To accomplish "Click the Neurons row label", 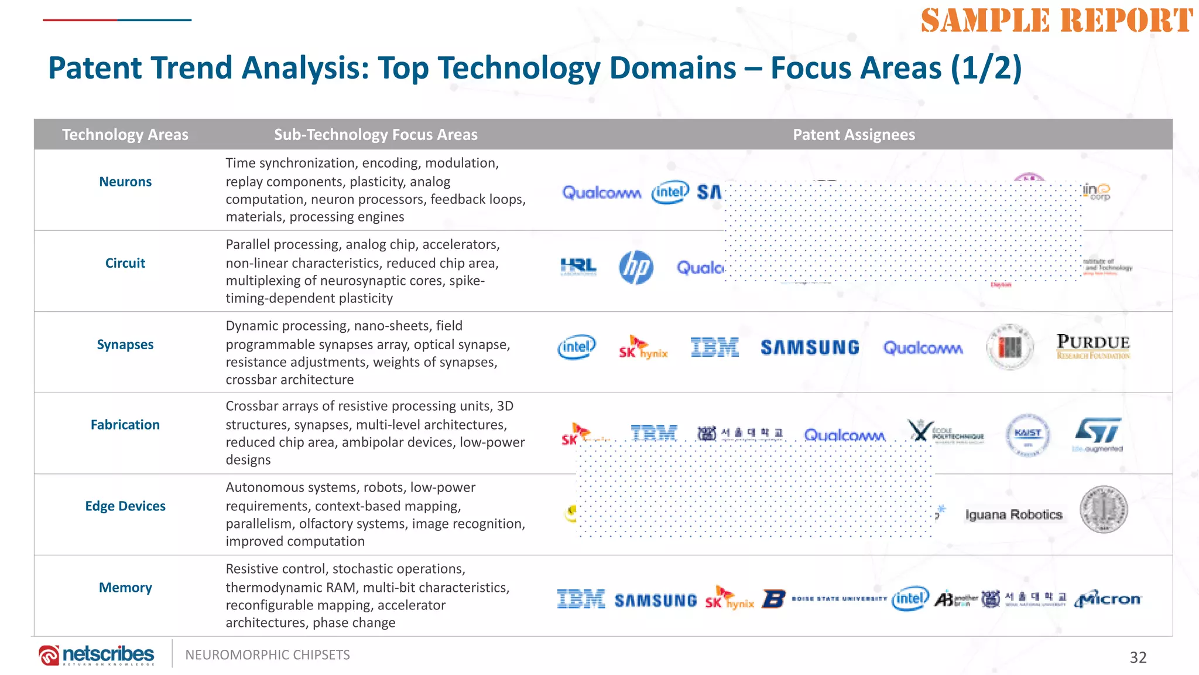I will [x=125, y=182].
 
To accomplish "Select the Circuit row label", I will [x=125, y=263].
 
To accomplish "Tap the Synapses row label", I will [x=125, y=345].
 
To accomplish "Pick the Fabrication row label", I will [x=125, y=425].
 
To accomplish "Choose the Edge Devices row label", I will [x=125, y=506].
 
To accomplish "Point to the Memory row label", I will [x=125, y=588].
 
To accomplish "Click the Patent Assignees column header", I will [x=854, y=135].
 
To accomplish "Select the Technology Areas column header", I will [x=125, y=135].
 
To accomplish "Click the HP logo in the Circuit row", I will [x=636, y=268].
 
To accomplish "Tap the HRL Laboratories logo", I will [x=578, y=267].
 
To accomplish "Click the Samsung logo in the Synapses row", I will [x=810, y=347].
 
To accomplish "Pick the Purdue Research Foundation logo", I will [x=1093, y=346].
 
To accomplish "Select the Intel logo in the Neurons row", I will [x=670, y=192].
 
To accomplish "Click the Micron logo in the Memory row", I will [x=1108, y=599].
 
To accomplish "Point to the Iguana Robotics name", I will [x=1013, y=514].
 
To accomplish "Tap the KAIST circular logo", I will [x=1028, y=435].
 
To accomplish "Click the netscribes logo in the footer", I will [x=97, y=654].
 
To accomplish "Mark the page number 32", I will [x=1138, y=657].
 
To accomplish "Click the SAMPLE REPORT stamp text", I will [x=1057, y=21].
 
